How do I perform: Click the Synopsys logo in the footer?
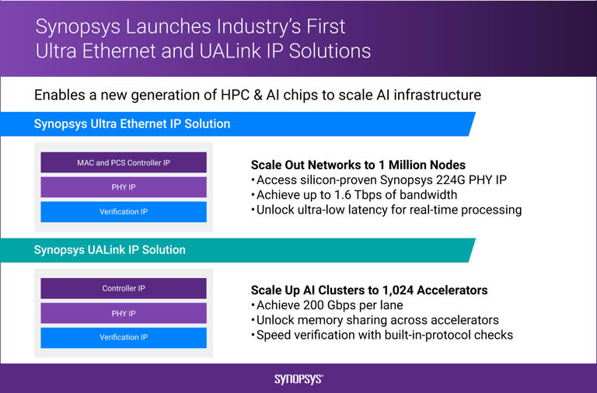298,379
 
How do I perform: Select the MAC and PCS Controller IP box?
123,162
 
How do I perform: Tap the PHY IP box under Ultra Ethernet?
123,187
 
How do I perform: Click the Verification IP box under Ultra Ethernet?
123,212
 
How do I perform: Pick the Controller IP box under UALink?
123,288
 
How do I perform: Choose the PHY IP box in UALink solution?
123,313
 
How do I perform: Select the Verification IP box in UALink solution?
123,338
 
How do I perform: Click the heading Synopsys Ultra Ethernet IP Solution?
132,124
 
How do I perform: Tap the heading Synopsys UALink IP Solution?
110,250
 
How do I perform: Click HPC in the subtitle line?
229,96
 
